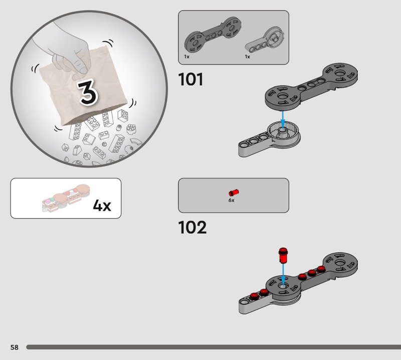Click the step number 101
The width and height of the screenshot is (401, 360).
(x=190, y=79)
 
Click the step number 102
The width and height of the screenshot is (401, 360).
(x=192, y=228)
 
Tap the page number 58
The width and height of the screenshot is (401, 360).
(x=15, y=347)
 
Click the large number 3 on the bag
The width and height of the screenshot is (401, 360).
(x=88, y=92)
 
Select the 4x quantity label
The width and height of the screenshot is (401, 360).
(x=102, y=205)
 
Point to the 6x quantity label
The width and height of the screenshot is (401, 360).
(x=231, y=201)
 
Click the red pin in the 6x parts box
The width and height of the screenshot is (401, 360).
(x=234, y=193)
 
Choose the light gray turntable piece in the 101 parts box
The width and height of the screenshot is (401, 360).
(x=265, y=41)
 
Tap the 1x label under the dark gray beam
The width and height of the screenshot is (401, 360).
(x=186, y=57)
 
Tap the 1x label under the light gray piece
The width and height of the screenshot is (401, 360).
(x=247, y=57)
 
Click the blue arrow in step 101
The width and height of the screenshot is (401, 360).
(x=283, y=119)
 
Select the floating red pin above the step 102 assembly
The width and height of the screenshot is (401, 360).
(x=283, y=255)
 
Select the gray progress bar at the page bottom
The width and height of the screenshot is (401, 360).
(x=214, y=347)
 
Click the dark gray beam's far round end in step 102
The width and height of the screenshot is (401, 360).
(x=340, y=263)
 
